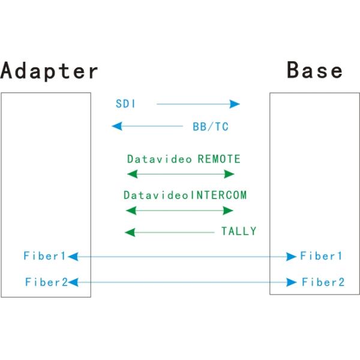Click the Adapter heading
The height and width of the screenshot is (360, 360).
tap(49, 70)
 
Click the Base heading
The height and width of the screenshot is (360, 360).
tap(315, 70)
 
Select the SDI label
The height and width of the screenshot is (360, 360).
tap(125, 104)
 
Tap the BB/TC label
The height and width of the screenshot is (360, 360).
tap(210, 127)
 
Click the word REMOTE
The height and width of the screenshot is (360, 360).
tap(219, 160)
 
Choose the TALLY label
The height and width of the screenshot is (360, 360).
tap(239, 231)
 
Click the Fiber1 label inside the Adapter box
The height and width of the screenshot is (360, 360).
tap(44, 256)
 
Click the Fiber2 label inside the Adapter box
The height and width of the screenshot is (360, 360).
tap(46, 281)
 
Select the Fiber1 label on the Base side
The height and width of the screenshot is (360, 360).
tap(322, 256)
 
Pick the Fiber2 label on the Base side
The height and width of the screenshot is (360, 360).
tap(323, 281)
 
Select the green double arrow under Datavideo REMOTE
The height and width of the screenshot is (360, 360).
tap(181, 174)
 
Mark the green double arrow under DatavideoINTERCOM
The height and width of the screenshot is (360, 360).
tap(179, 210)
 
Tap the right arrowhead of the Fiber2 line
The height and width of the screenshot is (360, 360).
tap(293, 282)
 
